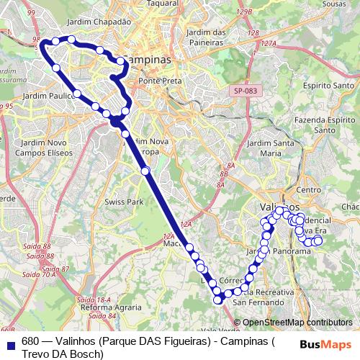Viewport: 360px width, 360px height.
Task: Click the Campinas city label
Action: coord(148,60)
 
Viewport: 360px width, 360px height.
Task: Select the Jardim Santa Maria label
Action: coord(269,148)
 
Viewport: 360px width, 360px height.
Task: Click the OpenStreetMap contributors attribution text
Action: coord(297,322)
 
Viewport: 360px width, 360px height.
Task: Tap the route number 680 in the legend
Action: coord(30,341)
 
